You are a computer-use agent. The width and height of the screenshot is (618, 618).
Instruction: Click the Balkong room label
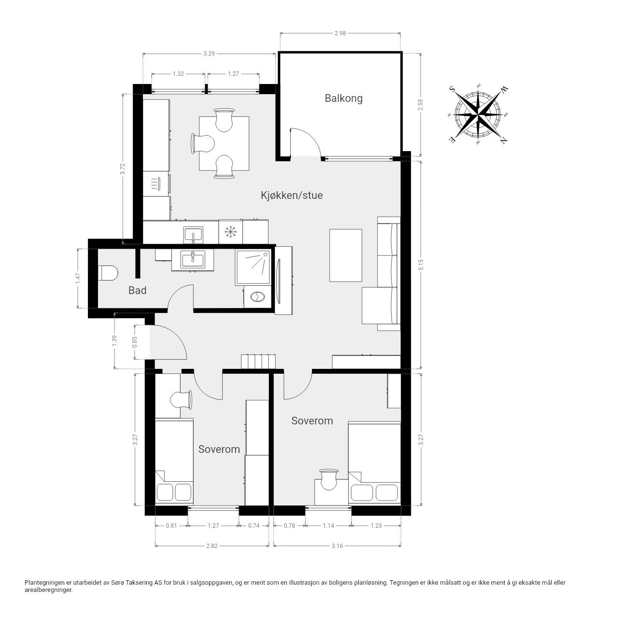[x=343, y=98]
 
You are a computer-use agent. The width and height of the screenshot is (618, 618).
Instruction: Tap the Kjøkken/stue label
[x=292, y=196]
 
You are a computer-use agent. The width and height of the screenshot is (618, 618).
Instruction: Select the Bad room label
[x=137, y=291]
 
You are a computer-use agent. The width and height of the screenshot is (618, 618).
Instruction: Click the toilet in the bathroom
[x=108, y=273]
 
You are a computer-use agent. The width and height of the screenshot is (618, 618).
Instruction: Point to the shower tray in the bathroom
[x=253, y=267]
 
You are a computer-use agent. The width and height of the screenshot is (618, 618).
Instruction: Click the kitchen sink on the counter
[x=193, y=235]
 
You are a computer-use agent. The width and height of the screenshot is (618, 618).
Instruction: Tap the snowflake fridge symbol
[x=230, y=232]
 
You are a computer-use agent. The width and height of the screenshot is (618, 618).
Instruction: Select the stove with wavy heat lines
[x=156, y=183]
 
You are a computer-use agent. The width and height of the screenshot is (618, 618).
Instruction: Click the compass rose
[x=478, y=114]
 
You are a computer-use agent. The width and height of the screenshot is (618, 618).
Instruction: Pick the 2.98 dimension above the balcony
[x=340, y=33]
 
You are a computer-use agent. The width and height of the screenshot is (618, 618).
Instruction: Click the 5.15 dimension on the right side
[x=421, y=265]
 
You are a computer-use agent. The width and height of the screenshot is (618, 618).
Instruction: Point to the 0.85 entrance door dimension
[x=135, y=342]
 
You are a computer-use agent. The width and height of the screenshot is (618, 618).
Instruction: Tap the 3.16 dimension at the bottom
[x=337, y=546]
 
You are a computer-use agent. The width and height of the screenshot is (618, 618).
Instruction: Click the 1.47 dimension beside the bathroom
[x=78, y=279]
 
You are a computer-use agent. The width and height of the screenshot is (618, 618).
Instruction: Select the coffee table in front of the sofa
[x=346, y=255]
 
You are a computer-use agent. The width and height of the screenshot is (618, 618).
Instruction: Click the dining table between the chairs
[x=224, y=143]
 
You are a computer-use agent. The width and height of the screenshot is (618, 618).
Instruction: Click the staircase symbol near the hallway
[x=258, y=362]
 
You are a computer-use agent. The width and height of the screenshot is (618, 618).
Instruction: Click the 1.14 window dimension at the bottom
[x=328, y=525]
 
